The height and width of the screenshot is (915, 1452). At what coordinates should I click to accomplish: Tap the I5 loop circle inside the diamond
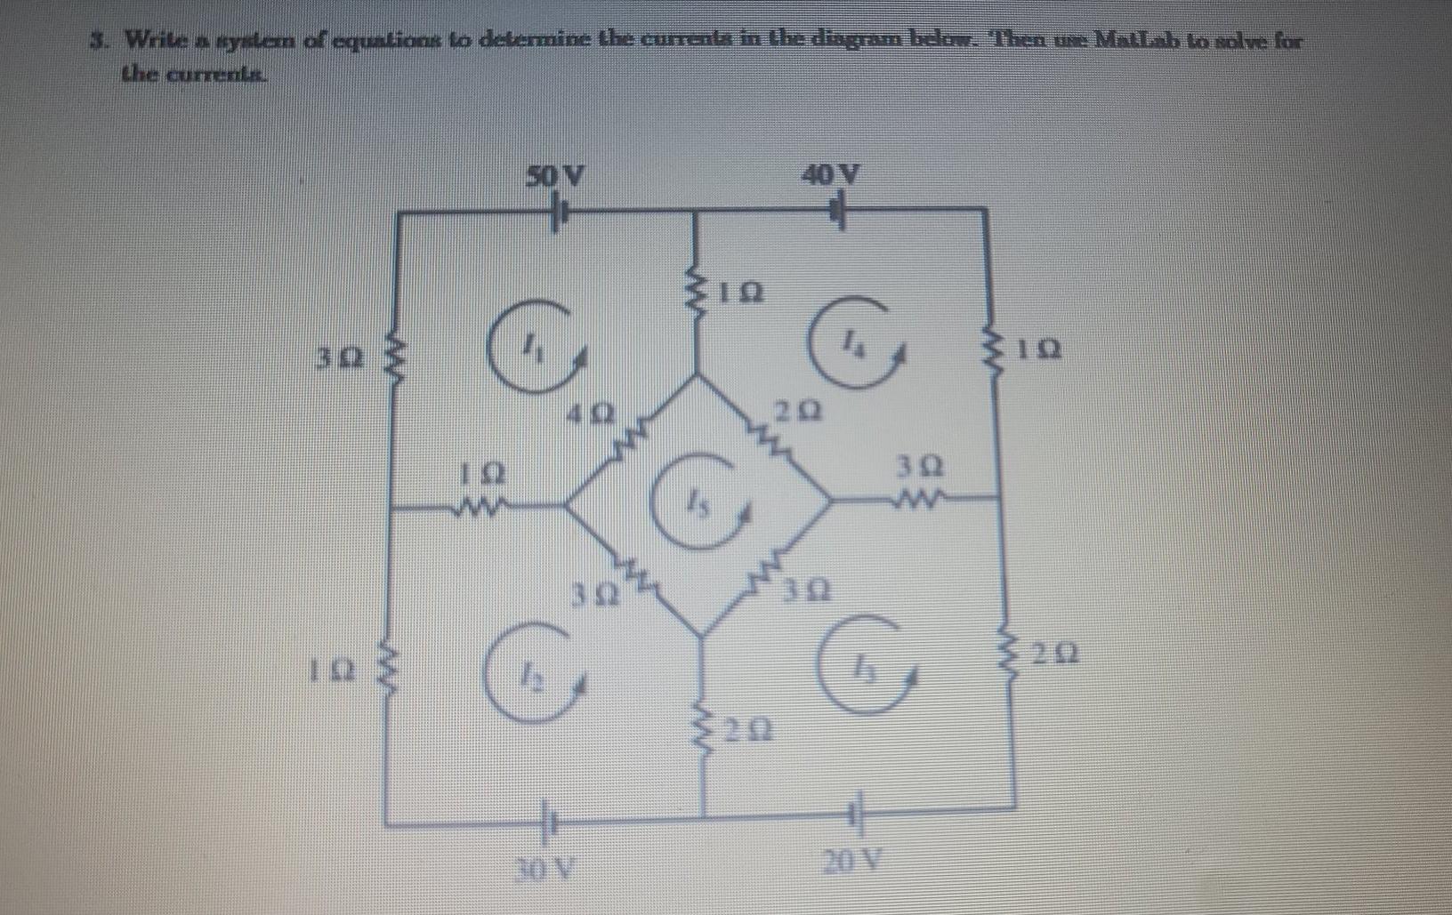(x=709, y=502)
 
